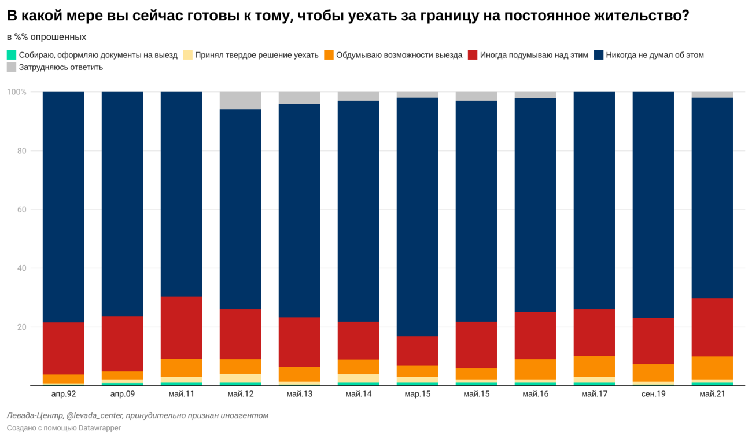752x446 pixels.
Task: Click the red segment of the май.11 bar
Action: pos(181,327)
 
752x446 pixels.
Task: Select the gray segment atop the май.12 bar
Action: pos(241,101)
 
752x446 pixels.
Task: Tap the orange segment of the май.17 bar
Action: pos(594,366)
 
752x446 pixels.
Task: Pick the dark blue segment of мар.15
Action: pos(417,217)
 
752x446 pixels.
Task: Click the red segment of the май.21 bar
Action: pos(712,327)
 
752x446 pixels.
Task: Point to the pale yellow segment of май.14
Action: pos(358,378)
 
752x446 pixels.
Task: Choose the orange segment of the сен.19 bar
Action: pos(653,373)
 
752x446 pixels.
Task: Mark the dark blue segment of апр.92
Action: pos(64,207)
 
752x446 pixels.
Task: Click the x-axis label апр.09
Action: pos(123,394)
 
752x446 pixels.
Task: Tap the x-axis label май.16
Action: pos(536,394)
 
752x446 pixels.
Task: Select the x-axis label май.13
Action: pos(300,394)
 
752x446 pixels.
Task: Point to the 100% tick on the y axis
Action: pos(16,91)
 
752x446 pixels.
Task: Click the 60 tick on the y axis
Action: pos(21,209)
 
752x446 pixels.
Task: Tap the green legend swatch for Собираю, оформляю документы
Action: pos(12,55)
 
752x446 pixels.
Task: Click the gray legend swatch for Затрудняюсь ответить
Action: pos(12,67)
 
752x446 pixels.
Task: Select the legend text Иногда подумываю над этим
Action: pos(534,55)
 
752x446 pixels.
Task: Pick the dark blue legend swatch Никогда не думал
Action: pos(599,55)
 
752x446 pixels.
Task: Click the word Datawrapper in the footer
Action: pos(99,428)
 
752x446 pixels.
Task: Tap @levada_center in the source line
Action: pos(94,416)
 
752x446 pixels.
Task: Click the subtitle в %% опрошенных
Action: pos(46,37)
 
